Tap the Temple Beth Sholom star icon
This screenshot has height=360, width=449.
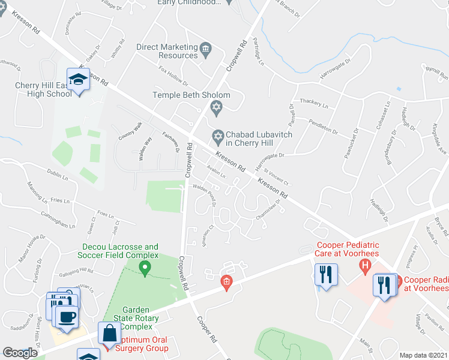tap(217, 108)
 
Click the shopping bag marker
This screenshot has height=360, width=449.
tap(110, 334)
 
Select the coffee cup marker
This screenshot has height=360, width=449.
tap(67, 317)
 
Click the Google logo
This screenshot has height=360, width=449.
tap(20, 352)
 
